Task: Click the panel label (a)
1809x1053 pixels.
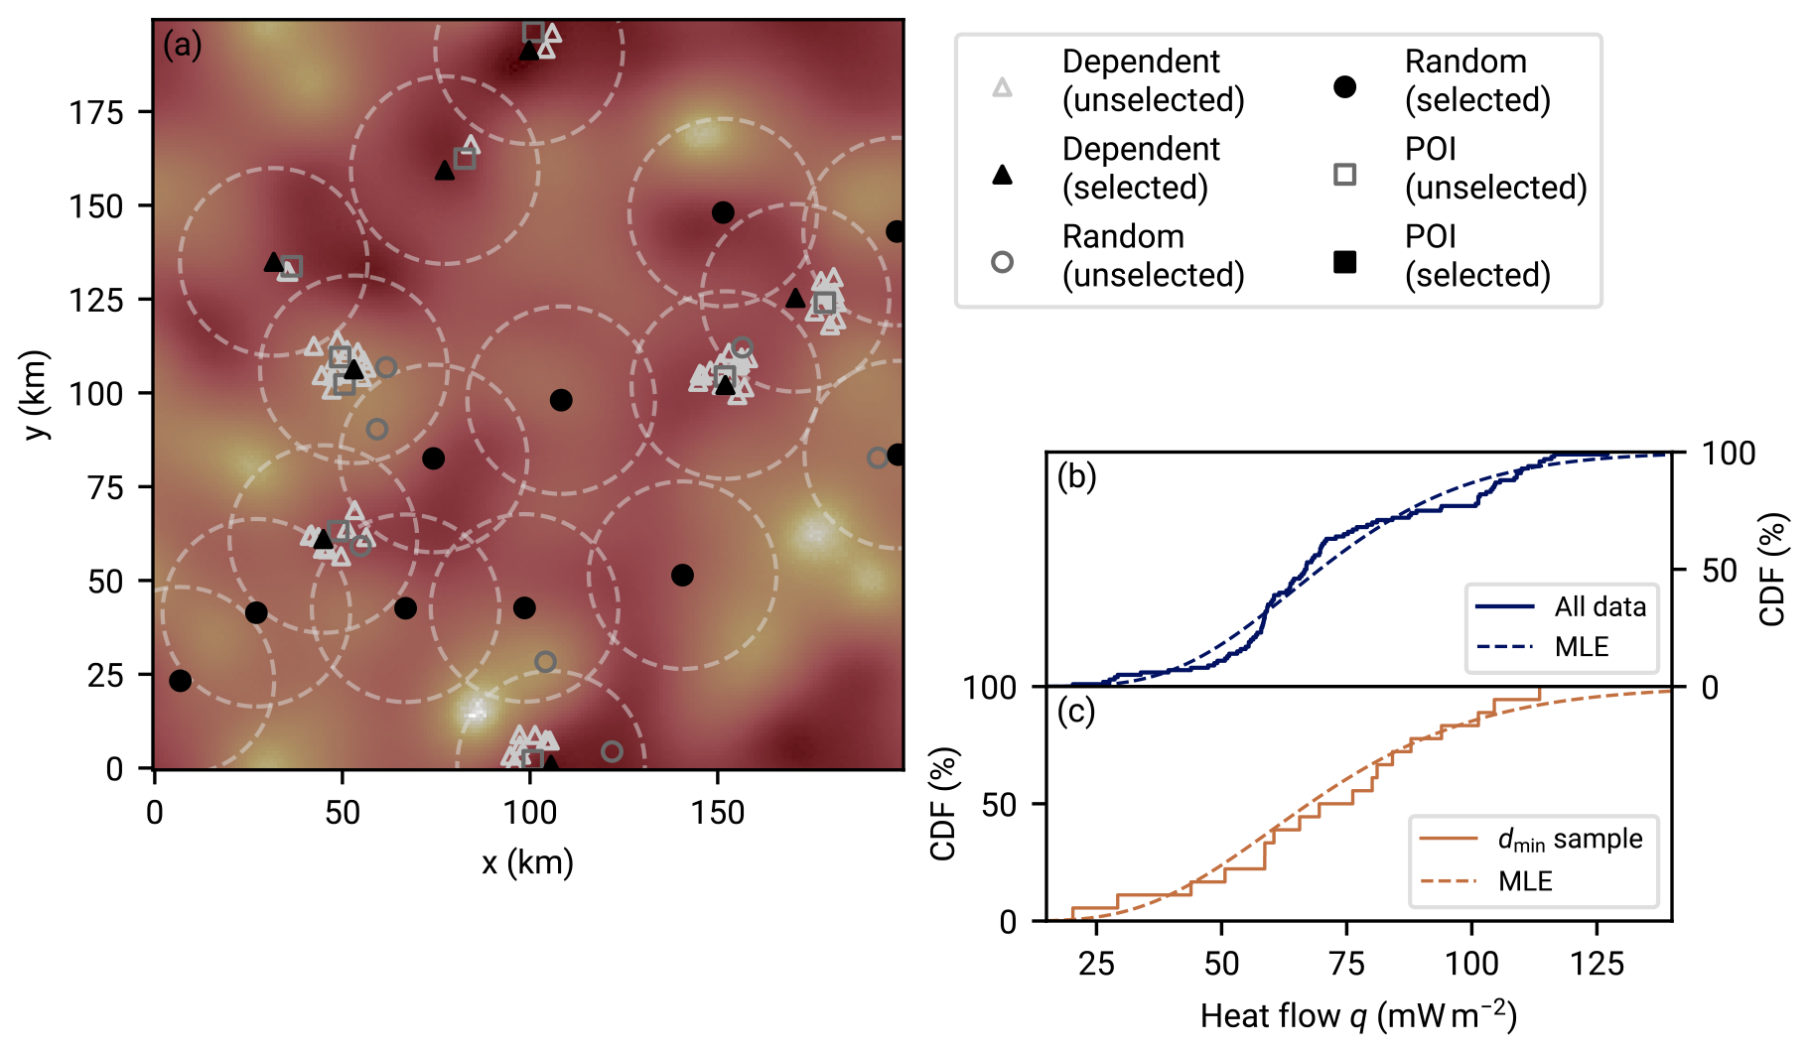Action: coord(183,46)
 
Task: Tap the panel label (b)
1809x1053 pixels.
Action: coord(1076,477)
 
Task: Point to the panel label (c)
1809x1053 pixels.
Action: coord(1076,712)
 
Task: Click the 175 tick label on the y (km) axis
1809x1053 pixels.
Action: coord(96,113)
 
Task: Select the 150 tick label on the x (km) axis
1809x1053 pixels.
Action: coord(717,813)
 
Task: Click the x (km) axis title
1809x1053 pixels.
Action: coord(527,862)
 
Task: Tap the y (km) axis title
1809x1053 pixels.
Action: coord(36,394)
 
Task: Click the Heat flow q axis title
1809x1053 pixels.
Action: coord(1357,1015)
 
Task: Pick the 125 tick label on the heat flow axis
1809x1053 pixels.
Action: coord(1597,964)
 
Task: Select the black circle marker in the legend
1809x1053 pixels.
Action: coord(1344,87)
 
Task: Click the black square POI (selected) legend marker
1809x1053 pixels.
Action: coord(1344,262)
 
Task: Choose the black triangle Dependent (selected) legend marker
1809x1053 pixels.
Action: coord(1003,176)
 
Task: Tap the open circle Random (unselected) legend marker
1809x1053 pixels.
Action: coord(1003,262)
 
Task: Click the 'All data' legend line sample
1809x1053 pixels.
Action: coord(1504,606)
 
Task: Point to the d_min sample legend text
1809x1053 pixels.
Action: coord(1570,840)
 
